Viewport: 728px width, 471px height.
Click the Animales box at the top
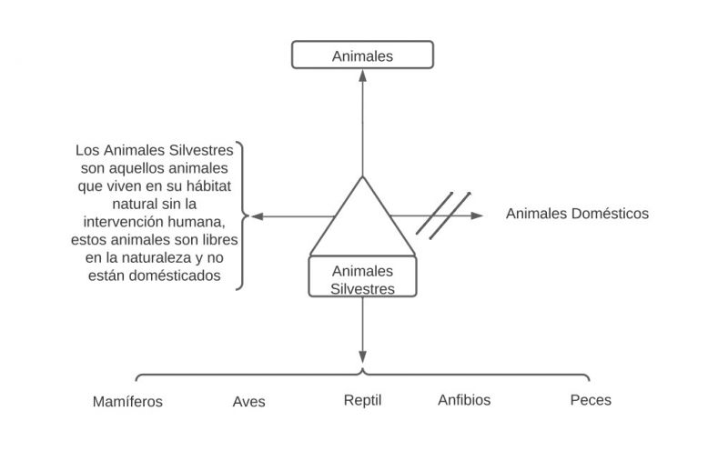tap(362, 55)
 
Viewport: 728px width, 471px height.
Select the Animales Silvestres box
tap(362, 278)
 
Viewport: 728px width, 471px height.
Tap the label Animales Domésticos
tap(577, 214)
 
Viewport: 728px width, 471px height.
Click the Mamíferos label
tap(128, 401)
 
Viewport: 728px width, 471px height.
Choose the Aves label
tap(248, 401)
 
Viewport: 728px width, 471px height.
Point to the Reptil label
tap(361, 399)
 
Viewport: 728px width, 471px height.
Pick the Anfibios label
tap(464, 399)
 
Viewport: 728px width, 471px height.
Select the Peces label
tap(591, 399)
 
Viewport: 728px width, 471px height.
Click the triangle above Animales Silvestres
tap(362, 224)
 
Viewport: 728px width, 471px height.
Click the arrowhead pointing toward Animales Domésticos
tap(478, 215)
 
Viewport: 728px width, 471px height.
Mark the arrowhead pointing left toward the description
tap(257, 216)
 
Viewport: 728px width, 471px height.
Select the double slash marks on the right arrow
tap(443, 214)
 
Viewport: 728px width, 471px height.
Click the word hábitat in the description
tap(206, 184)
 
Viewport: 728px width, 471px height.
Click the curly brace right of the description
tap(243, 216)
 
